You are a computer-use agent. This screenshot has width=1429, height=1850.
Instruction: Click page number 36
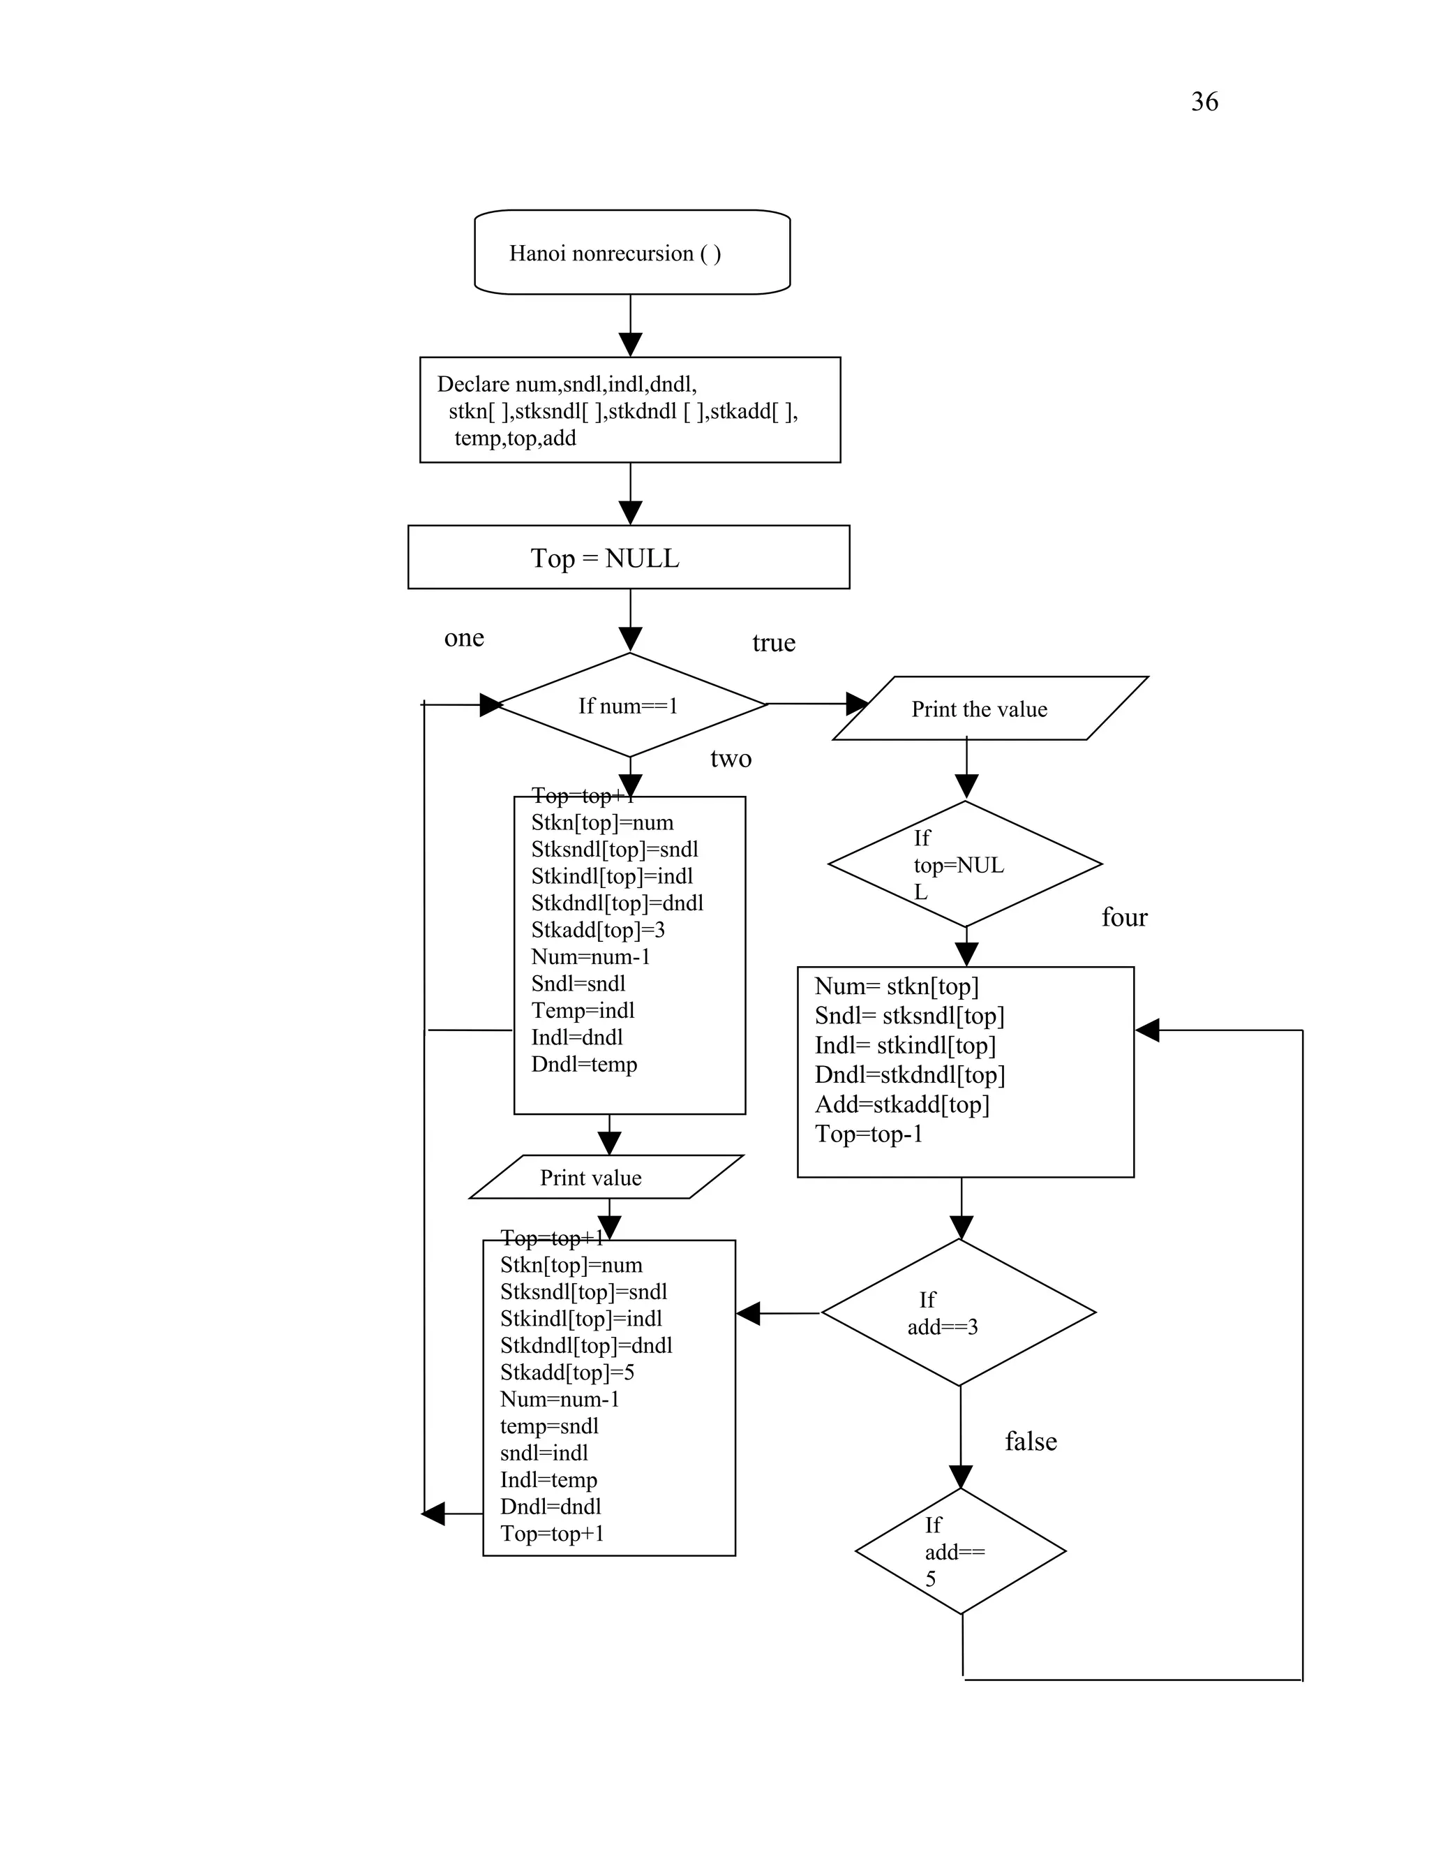tap(1204, 102)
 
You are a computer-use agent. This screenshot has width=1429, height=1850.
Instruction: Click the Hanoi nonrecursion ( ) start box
tap(631, 253)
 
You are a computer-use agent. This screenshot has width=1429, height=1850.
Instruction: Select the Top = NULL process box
tap(628, 557)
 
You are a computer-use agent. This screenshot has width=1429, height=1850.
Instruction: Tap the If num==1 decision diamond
tap(629, 705)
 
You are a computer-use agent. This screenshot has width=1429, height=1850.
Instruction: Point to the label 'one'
tap(464, 638)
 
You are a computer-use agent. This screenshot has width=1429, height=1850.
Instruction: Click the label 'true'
tap(773, 643)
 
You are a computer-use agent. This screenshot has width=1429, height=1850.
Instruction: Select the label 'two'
tap(731, 758)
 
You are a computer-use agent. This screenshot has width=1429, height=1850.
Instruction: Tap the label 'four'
tap(1123, 917)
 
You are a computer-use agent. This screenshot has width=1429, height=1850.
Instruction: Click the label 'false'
tap(1031, 1441)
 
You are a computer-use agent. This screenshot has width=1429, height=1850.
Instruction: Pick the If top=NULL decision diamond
tap(964, 864)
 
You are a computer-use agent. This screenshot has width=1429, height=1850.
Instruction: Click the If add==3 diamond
tap(958, 1313)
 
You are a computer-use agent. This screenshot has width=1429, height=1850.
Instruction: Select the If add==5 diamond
tap(960, 1551)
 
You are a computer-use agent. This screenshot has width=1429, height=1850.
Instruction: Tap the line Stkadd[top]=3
tap(598, 930)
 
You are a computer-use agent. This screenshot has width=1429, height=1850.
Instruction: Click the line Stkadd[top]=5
tap(567, 1372)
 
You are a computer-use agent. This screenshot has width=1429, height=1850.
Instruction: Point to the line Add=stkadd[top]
tap(901, 1104)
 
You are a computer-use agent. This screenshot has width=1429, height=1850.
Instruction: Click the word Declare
tap(473, 385)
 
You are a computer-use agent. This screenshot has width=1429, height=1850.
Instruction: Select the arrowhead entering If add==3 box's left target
tap(749, 1313)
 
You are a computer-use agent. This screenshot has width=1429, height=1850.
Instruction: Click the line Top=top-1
tap(869, 1134)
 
